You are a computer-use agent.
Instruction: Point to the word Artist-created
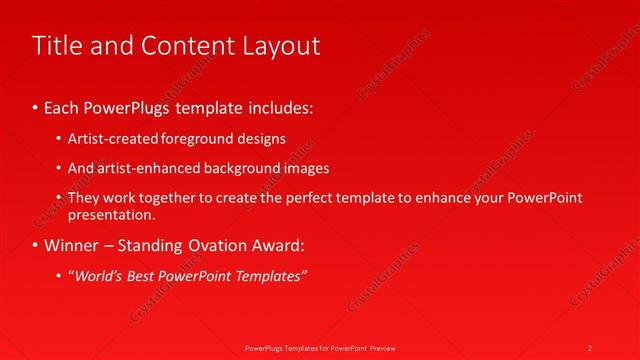point(112,138)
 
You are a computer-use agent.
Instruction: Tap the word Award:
point(281,244)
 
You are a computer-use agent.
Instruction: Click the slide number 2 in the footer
point(590,347)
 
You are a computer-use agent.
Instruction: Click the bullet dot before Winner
point(37,244)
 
